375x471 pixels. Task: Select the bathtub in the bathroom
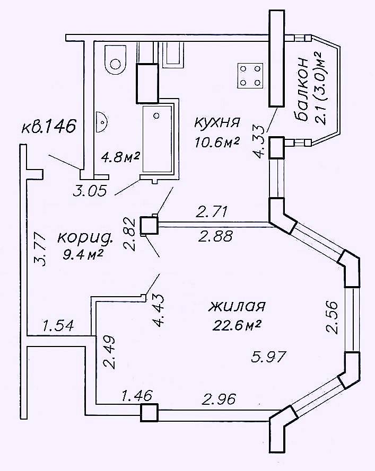[x=158, y=139]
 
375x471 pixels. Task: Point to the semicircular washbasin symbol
[x=101, y=122]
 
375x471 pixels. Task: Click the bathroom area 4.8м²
[x=120, y=157]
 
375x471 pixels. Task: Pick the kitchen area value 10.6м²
[x=217, y=141]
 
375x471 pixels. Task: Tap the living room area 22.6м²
[x=237, y=325]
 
